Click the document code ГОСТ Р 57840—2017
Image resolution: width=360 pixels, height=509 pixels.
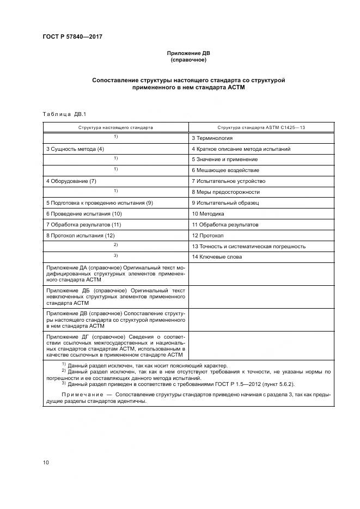(x=73, y=37)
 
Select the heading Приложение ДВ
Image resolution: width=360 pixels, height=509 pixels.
(x=187, y=53)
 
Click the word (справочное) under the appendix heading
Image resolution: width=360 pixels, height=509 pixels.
(x=187, y=60)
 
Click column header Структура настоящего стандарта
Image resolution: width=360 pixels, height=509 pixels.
(x=115, y=127)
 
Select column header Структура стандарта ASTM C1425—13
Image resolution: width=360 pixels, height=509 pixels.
(x=261, y=127)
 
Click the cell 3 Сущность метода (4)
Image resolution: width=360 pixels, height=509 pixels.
(x=75, y=149)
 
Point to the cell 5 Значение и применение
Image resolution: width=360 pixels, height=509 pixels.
(x=224, y=160)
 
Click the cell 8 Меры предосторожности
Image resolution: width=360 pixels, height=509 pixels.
(x=225, y=192)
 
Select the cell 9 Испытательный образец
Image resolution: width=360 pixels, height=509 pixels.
(x=225, y=203)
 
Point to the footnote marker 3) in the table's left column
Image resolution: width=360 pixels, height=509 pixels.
(x=115, y=256)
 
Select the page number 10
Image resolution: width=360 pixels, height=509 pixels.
(x=46, y=463)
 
